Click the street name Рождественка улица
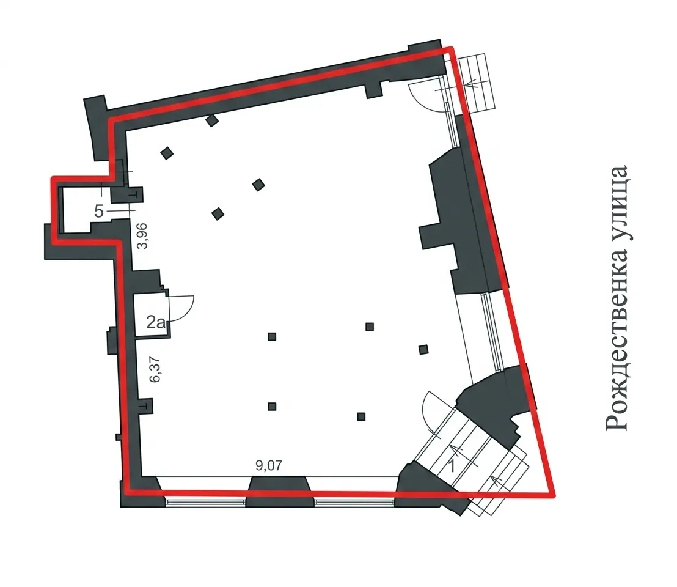tap(617, 298)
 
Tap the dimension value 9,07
tap(269, 465)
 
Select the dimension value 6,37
tap(154, 369)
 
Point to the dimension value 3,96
tap(142, 236)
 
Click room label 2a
tap(156, 322)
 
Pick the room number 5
tap(99, 212)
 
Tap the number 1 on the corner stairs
tap(453, 467)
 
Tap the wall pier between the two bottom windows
tap(279, 490)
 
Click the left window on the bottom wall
tap(205, 502)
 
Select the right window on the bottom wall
tap(354, 502)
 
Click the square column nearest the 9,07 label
tap(272, 407)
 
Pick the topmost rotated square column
tap(211, 120)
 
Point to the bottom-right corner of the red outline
tap(554, 495)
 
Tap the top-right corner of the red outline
tap(451, 48)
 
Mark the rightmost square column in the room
tap(423, 349)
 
